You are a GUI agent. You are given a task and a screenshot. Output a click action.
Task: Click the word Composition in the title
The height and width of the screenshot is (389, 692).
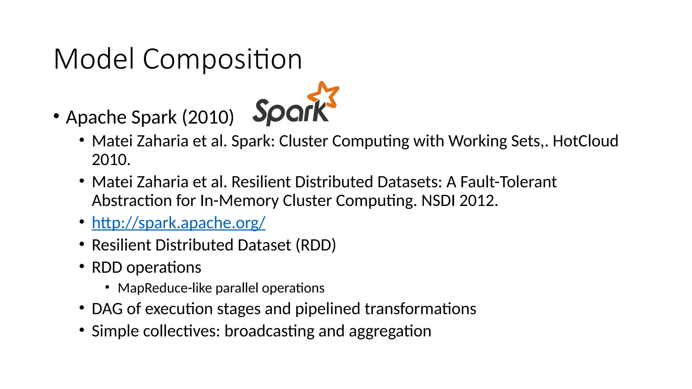pyautogui.click(x=222, y=60)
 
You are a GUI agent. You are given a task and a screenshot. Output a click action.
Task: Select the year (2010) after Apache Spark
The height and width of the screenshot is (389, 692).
pyautogui.click(x=208, y=118)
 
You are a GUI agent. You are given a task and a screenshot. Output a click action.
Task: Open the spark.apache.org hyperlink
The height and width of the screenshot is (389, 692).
pyautogui.click(x=178, y=223)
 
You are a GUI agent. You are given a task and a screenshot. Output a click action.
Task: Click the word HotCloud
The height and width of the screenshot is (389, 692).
pyautogui.click(x=585, y=141)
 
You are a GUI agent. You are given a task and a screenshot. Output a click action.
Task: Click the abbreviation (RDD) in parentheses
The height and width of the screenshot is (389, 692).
pyautogui.click(x=316, y=245)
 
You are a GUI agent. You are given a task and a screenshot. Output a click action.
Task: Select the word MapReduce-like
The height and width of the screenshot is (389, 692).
pyautogui.click(x=165, y=288)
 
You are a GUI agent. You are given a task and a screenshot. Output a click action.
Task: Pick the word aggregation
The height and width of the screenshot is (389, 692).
pyautogui.click(x=390, y=331)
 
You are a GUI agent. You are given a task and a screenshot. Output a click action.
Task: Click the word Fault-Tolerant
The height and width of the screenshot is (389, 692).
pyautogui.click(x=508, y=182)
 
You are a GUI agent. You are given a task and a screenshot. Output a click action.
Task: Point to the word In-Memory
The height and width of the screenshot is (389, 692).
pyautogui.click(x=239, y=201)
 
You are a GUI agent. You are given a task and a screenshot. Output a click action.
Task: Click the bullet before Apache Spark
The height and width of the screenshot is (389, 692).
pyautogui.click(x=56, y=116)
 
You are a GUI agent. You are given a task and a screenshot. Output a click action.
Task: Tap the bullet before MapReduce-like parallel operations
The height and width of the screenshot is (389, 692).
pyautogui.click(x=107, y=287)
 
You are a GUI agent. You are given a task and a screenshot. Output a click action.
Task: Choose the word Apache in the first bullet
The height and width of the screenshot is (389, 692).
pyautogui.click(x=96, y=118)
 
